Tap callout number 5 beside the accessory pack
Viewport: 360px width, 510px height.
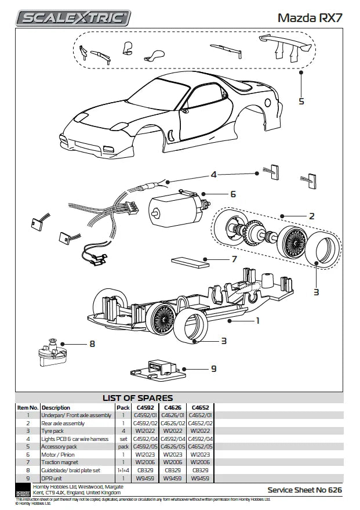(x=301, y=102)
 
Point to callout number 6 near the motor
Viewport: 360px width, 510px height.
(x=233, y=194)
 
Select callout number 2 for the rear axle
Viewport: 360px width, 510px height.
(x=311, y=216)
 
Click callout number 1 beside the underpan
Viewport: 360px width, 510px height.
(x=258, y=320)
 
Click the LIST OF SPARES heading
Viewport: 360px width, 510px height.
(x=137, y=398)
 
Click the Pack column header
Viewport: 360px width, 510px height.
(x=123, y=407)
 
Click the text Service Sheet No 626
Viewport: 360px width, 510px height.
(x=304, y=490)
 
